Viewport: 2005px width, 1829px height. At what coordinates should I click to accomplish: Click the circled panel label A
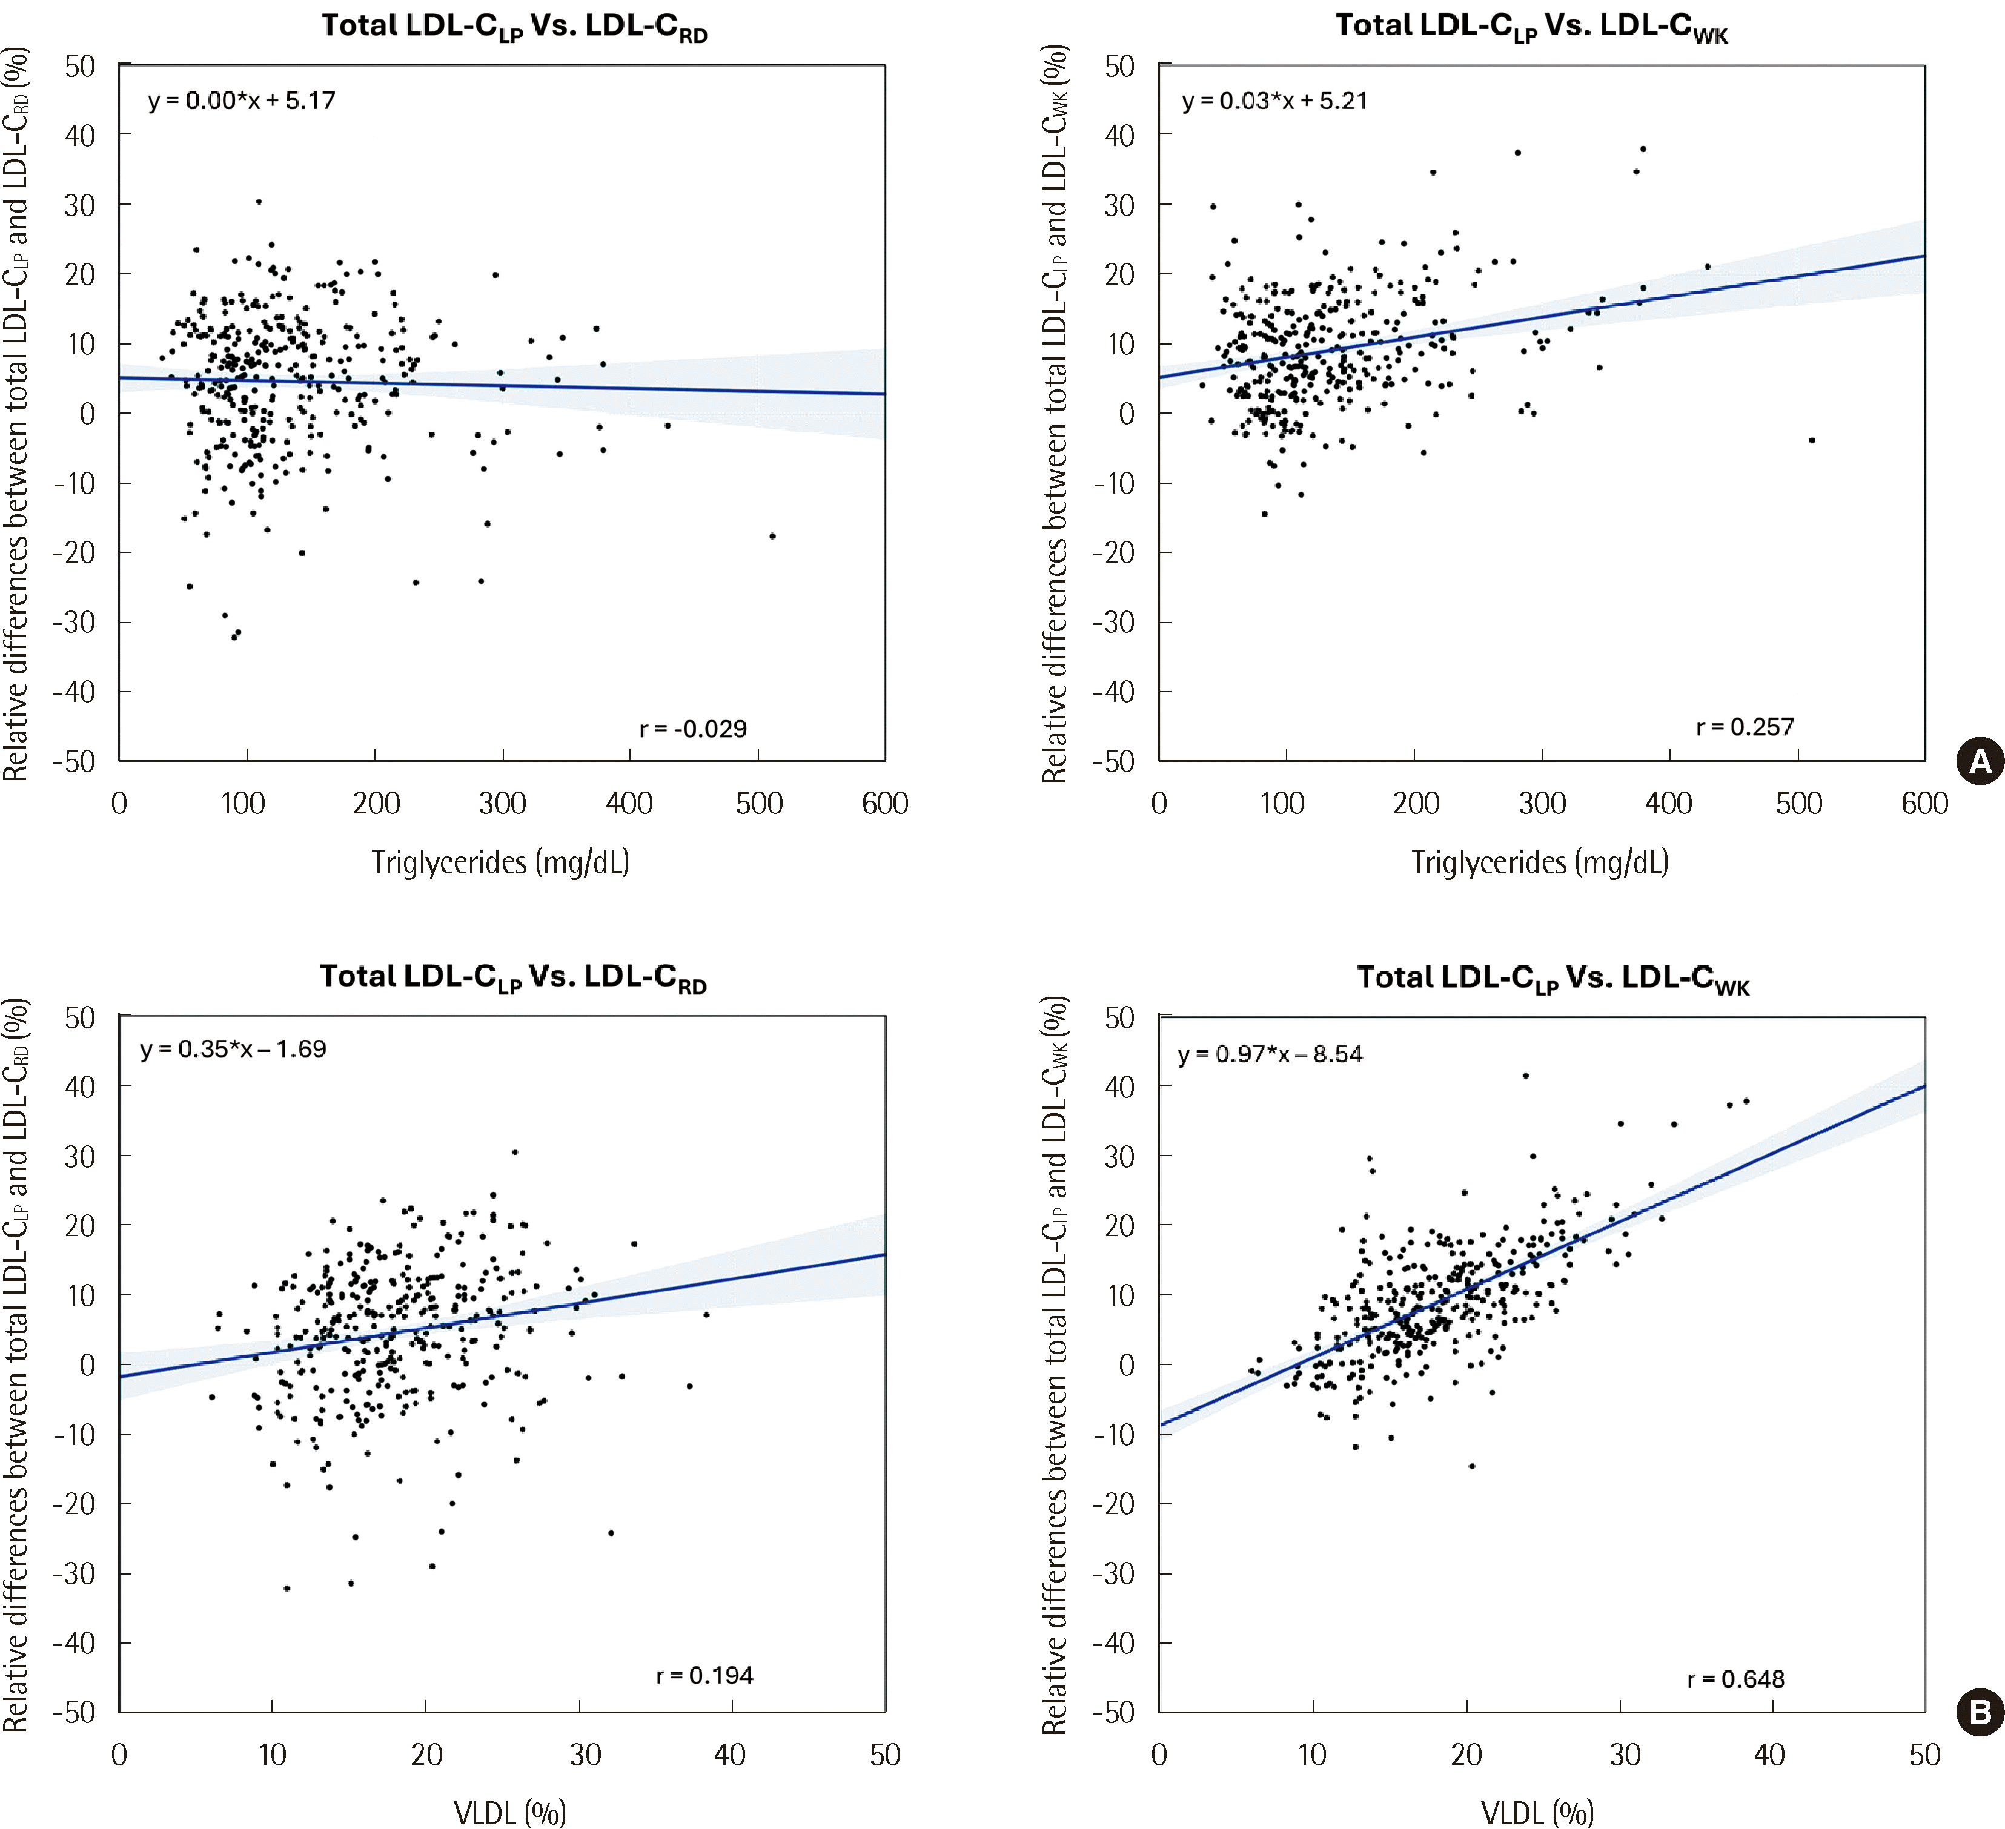[x=1979, y=762]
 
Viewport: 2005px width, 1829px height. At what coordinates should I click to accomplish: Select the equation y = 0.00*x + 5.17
[x=242, y=101]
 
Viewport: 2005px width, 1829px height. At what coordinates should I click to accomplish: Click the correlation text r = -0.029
[x=693, y=729]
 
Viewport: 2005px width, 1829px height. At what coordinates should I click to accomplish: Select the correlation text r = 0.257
[x=1745, y=727]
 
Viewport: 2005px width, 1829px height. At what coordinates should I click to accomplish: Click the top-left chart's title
[x=514, y=27]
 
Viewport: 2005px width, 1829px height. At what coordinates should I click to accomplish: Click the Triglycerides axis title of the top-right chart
[x=1540, y=861]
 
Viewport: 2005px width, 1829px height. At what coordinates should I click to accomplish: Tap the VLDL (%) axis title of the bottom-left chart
[x=509, y=1812]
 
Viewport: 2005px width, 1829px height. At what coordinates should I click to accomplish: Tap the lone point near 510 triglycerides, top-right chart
[x=1812, y=440]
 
